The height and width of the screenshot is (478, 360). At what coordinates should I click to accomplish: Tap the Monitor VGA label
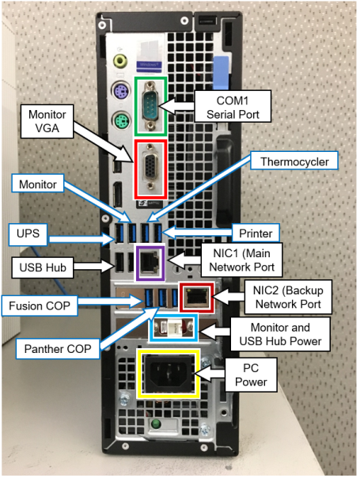[47, 121]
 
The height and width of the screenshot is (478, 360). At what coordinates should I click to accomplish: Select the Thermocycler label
[294, 161]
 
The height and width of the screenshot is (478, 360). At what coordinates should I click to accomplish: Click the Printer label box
[256, 233]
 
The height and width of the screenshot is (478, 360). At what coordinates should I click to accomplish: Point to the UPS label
[28, 234]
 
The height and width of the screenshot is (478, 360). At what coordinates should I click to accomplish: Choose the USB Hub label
[43, 267]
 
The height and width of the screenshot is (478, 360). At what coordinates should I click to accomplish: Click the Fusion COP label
[40, 305]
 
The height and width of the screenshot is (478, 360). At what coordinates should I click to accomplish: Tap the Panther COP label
[58, 348]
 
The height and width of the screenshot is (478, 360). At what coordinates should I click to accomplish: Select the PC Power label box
[251, 375]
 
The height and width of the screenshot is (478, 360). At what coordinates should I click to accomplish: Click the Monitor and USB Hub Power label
[280, 334]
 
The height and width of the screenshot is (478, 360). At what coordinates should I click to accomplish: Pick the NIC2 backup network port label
[288, 297]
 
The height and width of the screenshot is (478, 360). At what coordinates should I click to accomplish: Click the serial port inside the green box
[150, 106]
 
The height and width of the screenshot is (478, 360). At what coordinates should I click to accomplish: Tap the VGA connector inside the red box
[150, 166]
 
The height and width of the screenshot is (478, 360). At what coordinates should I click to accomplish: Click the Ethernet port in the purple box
[150, 262]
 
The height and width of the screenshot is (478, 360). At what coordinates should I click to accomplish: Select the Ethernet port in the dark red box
[196, 296]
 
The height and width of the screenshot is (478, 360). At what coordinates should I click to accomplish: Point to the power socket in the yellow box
[169, 374]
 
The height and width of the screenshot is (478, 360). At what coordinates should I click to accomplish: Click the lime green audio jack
[119, 61]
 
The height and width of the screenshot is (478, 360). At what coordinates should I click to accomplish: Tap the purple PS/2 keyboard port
[119, 90]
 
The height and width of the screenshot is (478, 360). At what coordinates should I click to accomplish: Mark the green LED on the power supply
[156, 423]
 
